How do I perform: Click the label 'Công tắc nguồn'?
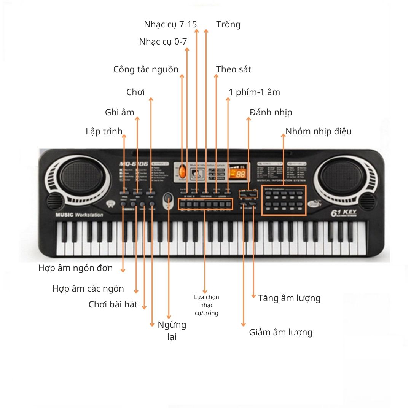coord(146,70)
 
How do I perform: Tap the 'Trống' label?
coord(228,25)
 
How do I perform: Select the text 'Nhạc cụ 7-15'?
coord(170,25)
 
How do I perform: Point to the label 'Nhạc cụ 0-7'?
coord(163,42)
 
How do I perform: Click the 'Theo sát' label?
coord(234,70)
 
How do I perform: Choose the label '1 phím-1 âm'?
coord(254,92)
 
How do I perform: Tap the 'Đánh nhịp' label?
coord(271,112)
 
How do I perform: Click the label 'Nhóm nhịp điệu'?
coord(319,132)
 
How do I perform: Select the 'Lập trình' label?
coord(104,132)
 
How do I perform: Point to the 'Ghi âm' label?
coord(119,112)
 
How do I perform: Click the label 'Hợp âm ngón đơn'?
coord(75,268)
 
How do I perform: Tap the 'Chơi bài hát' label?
coord(113,304)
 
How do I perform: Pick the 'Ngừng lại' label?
coord(172,330)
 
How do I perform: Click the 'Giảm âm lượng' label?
coord(280,332)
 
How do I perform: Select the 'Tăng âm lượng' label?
coord(289,298)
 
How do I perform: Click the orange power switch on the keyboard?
coord(182,172)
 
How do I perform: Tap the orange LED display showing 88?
coord(239,174)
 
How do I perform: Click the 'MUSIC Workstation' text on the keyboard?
coord(79,215)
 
